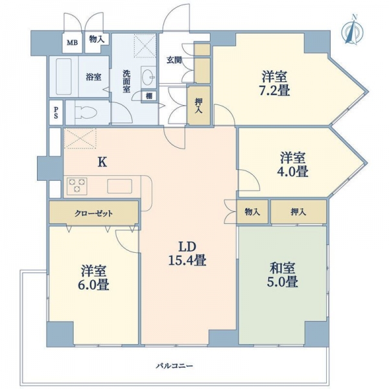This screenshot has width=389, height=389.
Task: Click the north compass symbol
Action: tap(352, 31)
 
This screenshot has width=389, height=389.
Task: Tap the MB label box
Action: tap(72, 43)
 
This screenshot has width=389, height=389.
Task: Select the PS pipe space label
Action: tap(56, 112)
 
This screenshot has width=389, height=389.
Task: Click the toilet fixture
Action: tap(85, 112)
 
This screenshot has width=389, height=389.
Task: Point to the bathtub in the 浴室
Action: tap(64, 77)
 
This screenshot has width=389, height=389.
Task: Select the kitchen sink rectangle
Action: tap(119, 186)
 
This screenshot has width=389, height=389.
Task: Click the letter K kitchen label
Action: tap(102, 162)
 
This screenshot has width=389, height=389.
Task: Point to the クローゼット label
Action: tap(93, 213)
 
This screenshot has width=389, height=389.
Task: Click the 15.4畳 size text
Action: tap(187, 261)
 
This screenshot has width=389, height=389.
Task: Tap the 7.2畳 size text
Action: tap(275, 90)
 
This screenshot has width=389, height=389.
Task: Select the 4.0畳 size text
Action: tap(292, 171)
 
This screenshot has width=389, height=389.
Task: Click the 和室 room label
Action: tap(282, 268)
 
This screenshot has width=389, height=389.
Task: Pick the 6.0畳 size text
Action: tap(93, 285)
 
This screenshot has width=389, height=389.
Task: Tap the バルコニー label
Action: tap(174, 366)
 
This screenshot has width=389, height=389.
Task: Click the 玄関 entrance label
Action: tap(174, 60)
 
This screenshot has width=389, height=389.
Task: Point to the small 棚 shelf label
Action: tap(149, 96)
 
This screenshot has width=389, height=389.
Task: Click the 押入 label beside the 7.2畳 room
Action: tap(198, 106)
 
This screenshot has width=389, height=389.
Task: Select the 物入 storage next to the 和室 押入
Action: tap(252, 212)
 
